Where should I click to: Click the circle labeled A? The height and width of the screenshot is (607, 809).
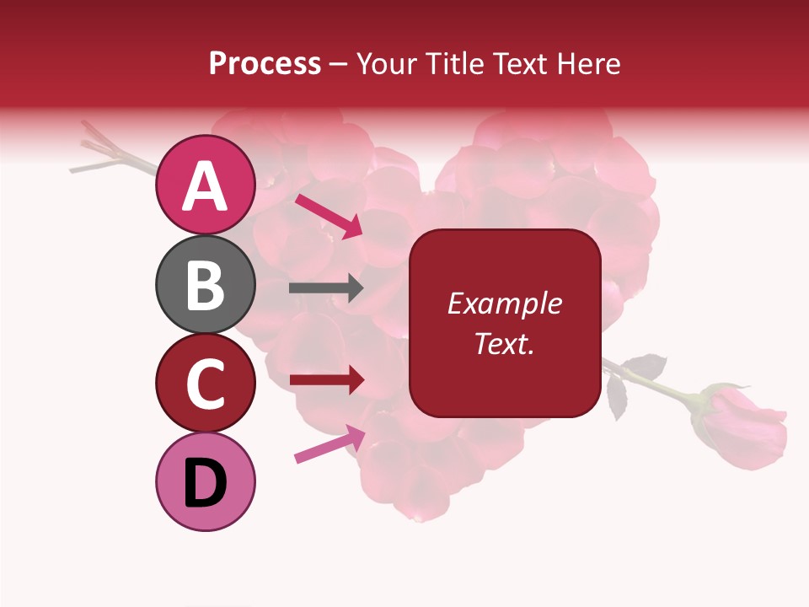click(205, 185)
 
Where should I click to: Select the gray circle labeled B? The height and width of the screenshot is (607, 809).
click(205, 284)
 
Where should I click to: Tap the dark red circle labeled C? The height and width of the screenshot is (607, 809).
click(205, 383)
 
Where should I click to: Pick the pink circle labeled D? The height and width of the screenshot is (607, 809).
click(205, 481)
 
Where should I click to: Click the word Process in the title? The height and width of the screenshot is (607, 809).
click(265, 64)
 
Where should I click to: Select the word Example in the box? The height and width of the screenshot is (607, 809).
click(504, 303)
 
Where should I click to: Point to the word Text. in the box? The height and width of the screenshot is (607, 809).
click(504, 343)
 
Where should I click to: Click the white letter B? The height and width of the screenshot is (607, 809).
click(205, 284)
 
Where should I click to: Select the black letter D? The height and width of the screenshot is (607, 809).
click(205, 482)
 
